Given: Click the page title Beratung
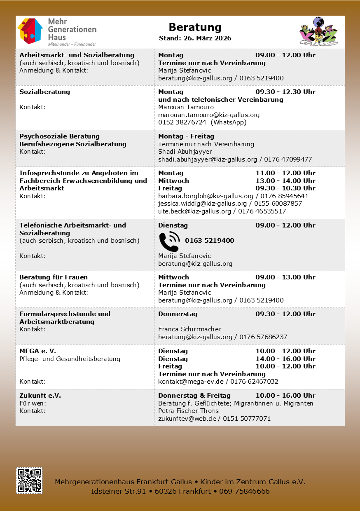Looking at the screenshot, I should pos(195,27).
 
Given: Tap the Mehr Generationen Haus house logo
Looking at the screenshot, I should pos(30,31).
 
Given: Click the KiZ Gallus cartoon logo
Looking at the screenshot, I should pos(318,31).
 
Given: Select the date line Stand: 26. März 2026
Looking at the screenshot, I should pos(195,38).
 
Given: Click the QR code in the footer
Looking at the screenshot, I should pos(29,480).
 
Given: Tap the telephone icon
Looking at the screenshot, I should pos(169,241).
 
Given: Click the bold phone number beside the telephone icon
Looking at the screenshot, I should pos(209,241).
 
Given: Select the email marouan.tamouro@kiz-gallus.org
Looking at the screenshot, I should pos(209,115).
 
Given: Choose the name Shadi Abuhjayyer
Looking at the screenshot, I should pos(185,152).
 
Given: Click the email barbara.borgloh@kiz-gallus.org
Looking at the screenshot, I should pos(206,196).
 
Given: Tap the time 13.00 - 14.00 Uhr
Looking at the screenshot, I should pos(285,180).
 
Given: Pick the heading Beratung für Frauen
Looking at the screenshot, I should pos(54,277).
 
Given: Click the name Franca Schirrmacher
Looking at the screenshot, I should pos(189,329).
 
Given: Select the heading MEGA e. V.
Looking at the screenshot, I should pos(37,351).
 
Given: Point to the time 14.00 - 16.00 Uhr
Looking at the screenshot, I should pos(285,359).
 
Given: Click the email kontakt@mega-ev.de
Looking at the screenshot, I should pos(191,382).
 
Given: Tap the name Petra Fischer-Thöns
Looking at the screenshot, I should pos(188,411).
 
